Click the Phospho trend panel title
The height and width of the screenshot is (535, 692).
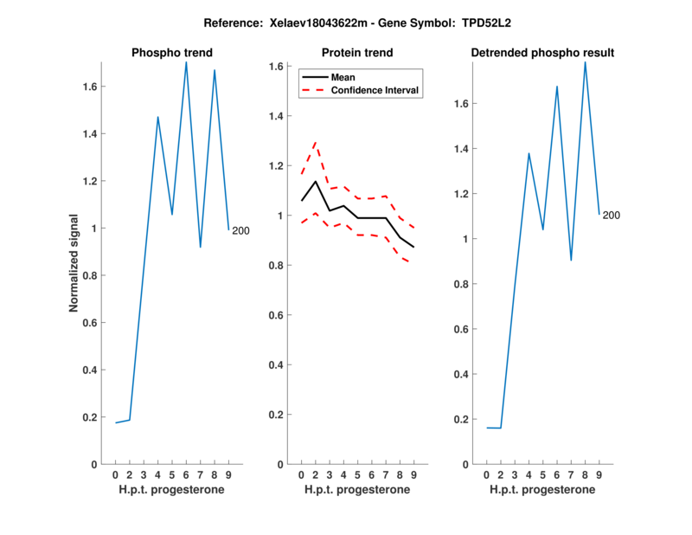click(x=171, y=53)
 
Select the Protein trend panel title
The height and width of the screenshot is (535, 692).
click(x=357, y=53)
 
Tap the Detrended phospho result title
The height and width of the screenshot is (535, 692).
click(x=542, y=53)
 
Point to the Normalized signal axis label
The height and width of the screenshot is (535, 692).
click(x=77, y=264)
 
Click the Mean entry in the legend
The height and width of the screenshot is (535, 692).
click(x=343, y=77)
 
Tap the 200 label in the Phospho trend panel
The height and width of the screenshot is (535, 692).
click(x=240, y=230)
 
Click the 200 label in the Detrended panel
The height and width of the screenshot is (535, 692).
click(x=612, y=215)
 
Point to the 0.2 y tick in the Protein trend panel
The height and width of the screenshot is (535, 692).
click(x=278, y=415)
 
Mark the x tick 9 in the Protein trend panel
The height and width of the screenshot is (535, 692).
click(x=413, y=474)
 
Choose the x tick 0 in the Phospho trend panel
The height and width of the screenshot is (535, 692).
click(x=116, y=474)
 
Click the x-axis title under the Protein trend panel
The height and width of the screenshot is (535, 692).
click(x=357, y=489)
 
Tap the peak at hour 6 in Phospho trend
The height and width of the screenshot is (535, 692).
click(x=186, y=62)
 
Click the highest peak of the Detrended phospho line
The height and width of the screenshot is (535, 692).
click(x=585, y=62)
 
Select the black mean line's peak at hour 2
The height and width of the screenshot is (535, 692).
click(x=316, y=181)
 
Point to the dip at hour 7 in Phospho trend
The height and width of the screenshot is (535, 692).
click(x=201, y=247)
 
